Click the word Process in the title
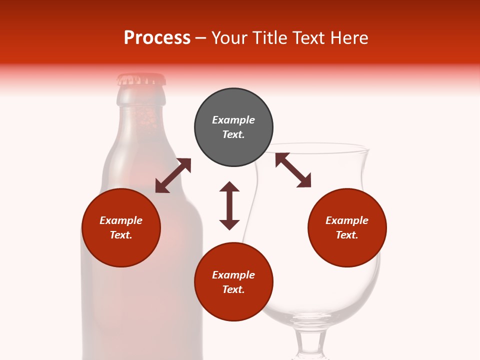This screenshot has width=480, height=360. (157, 38)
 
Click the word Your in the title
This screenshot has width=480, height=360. (230, 38)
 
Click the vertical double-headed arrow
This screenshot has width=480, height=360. (229, 205)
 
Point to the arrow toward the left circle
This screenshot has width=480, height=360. (173, 175)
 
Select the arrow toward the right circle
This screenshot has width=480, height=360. (293, 170)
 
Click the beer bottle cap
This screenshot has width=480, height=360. (141, 79)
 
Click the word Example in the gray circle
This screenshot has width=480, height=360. (233, 120)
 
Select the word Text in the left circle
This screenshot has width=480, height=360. (121, 235)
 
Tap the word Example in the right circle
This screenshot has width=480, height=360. (347, 220)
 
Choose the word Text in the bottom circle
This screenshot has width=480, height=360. (233, 289)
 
